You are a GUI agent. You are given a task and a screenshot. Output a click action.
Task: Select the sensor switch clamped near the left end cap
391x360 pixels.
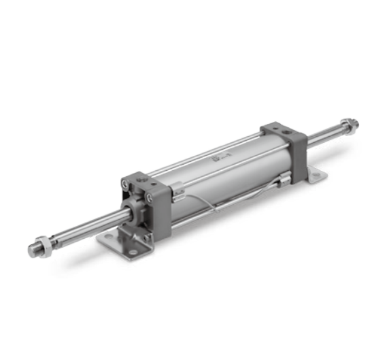click(x=178, y=196)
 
